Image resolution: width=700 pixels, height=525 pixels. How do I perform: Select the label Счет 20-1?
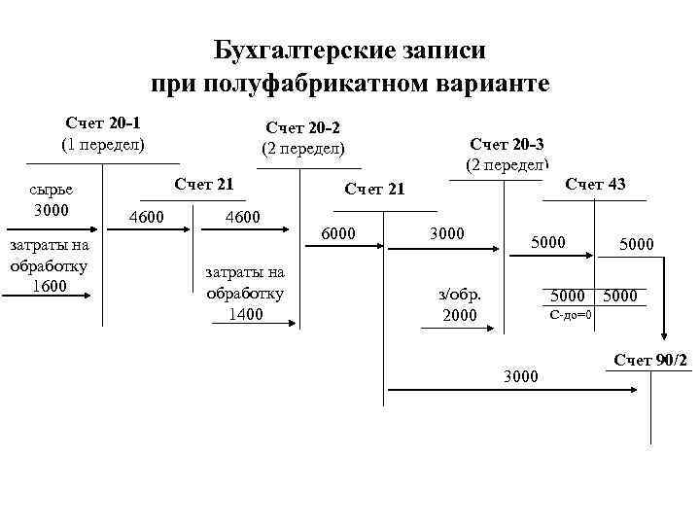(102, 123)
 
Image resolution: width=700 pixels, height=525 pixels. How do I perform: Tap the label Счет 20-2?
(302, 127)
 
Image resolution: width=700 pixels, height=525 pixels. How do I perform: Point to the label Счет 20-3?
(507, 144)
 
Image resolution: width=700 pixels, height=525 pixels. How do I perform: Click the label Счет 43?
(595, 184)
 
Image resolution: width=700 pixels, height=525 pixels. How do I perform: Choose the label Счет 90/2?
(650, 361)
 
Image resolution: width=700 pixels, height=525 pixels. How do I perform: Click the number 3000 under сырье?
(51, 210)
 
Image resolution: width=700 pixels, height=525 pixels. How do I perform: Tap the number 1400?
(245, 312)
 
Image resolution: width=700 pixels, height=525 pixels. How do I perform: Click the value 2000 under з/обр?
(460, 315)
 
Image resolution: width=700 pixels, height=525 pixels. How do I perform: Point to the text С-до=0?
(571, 315)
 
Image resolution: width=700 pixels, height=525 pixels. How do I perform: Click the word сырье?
(52, 191)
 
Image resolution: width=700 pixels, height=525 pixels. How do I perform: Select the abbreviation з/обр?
(460, 295)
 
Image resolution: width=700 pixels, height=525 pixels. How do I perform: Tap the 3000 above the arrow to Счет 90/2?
(520, 375)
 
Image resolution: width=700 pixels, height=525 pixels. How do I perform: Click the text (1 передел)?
(102, 144)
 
